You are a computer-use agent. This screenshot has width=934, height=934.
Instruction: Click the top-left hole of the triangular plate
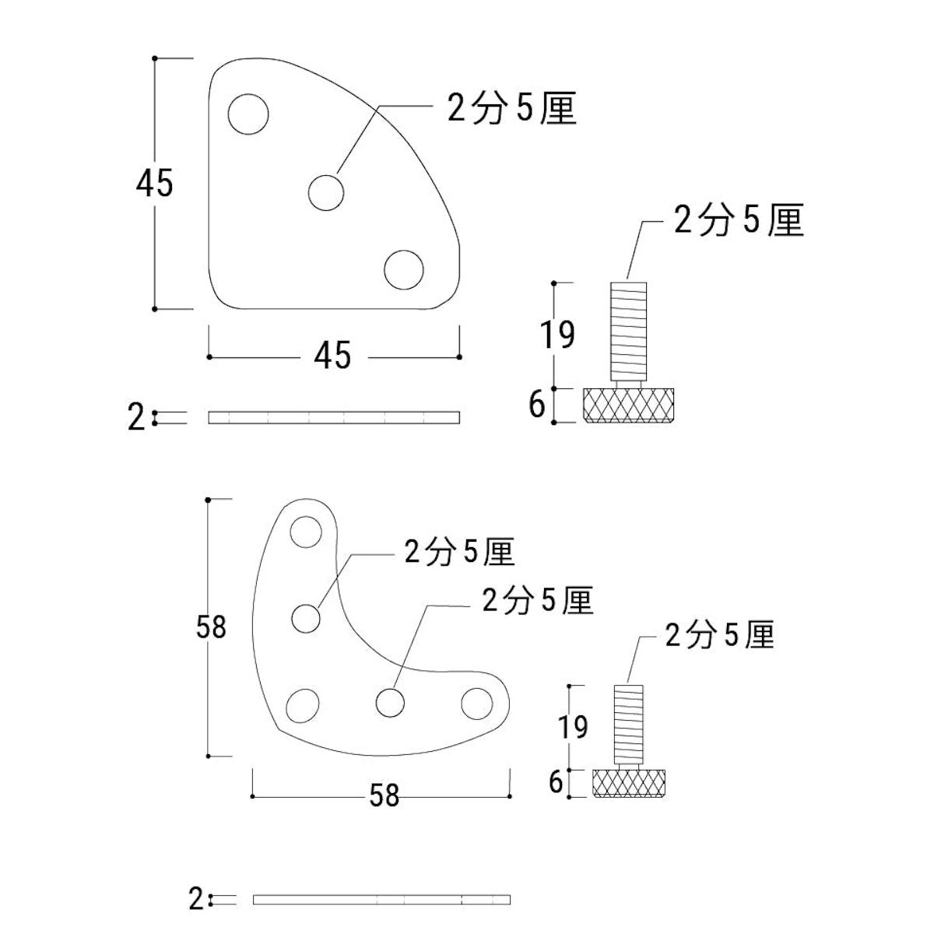pos(248,114)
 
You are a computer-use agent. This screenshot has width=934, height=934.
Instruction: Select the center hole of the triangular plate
pos(326,192)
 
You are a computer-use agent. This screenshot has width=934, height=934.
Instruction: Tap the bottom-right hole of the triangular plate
pos(404,270)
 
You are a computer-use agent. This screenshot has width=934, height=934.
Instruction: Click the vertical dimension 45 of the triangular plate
pos(154,184)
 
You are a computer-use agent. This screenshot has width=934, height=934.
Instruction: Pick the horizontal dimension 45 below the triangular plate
pos(332,356)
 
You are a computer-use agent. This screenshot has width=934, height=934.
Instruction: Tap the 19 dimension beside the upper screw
pos(557,335)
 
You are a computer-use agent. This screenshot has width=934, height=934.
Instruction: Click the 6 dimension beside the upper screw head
pos(537,406)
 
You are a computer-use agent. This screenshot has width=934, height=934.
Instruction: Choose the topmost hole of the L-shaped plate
pos(306,533)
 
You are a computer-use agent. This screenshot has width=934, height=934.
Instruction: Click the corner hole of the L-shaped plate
pos(303,705)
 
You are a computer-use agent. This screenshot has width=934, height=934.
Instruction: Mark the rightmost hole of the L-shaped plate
pos(477,704)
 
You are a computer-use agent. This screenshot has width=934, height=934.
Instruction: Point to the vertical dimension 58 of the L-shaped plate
pos(211,627)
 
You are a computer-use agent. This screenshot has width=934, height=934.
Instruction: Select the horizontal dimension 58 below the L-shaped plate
pos(384,796)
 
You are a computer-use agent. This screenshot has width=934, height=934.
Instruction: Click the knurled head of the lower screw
pos(628,783)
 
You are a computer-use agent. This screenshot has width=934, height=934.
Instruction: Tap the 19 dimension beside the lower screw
pos(573,727)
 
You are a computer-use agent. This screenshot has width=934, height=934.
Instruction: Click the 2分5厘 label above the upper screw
pos(738,221)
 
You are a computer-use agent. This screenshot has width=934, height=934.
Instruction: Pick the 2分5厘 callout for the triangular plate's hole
pos(511,108)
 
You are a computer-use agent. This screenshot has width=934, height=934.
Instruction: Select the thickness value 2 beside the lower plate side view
pos(196,900)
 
